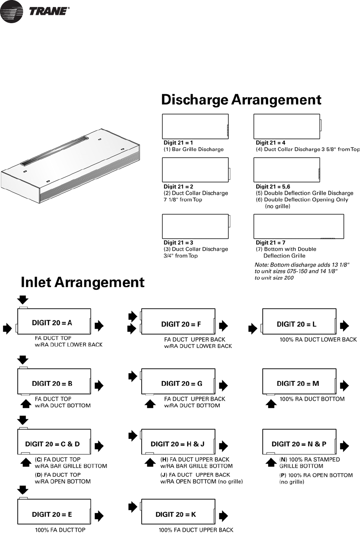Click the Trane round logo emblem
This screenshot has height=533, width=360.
click(x=12, y=11)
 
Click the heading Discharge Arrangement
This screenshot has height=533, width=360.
click(x=241, y=100)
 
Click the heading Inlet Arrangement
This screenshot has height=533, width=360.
click(x=82, y=282)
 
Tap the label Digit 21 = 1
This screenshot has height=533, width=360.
click(x=178, y=143)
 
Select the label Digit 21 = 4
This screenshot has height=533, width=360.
click(x=270, y=143)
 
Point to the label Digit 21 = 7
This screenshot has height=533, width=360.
click(x=270, y=243)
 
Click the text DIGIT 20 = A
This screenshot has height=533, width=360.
click(x=52, y=323)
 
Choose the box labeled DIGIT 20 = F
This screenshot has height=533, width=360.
click(x=178, y=321)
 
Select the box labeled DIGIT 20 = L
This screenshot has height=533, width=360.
click(x=299, y=321)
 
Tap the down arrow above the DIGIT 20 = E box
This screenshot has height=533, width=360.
click(x=23, y=490)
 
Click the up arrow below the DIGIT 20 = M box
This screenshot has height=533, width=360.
click(x=271, y=403)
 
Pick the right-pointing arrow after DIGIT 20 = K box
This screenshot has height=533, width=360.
click(x=223, y=516)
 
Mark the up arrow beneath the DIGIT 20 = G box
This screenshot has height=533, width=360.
click(x=150, y=403)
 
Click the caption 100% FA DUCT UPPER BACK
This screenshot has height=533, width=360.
click(x=196, y=530)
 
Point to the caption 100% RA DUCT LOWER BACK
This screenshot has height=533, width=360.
click(x=318, y=340)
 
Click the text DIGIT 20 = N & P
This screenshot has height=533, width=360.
click(x=299, y=444)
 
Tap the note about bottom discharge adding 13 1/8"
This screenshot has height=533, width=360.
click(x=302, y=271)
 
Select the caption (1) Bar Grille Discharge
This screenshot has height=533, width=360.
click(x=193, y=150)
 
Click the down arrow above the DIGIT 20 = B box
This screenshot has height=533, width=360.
click(x=23, y=360)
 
